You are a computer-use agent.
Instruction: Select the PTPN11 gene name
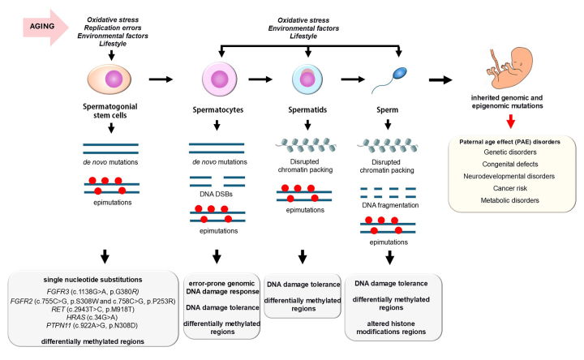tap(65, 328)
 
